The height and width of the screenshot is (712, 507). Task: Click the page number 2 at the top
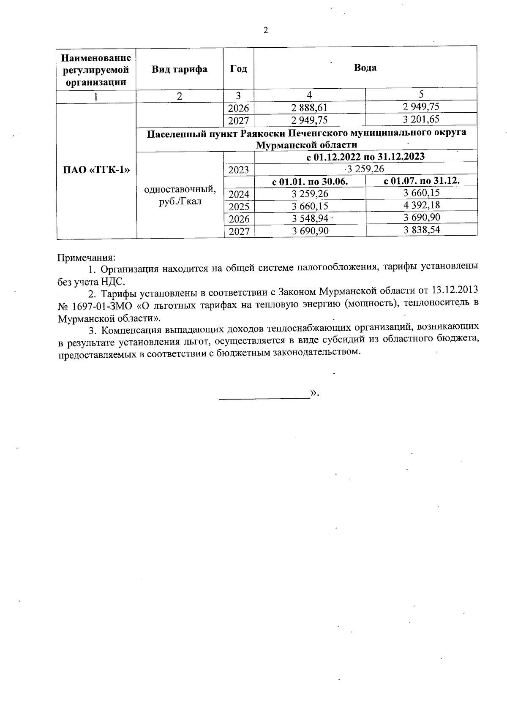[x=266, y=30]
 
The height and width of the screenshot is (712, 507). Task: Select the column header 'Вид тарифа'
[x=180, y=69]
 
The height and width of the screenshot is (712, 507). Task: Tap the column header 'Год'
[x=238, y=68]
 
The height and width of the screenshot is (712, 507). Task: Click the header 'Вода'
[x=365, y=68]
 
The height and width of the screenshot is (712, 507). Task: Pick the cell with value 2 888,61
[x=309, y=108]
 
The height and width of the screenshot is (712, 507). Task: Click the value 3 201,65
[x=421, y=120]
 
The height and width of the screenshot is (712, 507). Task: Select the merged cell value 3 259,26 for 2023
[x=365, y=169]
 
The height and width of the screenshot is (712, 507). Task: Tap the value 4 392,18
[x=421, y=205]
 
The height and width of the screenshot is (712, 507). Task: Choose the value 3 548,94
[x=310, y=218]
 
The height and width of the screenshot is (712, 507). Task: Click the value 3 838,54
[x=421, y=230]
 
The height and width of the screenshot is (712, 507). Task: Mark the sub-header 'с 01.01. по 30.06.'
[x=310, y=182]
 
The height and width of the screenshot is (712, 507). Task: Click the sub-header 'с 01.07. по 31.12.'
[x=421, y=181]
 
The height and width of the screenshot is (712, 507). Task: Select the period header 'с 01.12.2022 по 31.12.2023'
[x=365, y=157]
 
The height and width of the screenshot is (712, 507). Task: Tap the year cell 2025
[x=239, y=207]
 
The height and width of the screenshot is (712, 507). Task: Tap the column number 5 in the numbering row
[x=421, y=94]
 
